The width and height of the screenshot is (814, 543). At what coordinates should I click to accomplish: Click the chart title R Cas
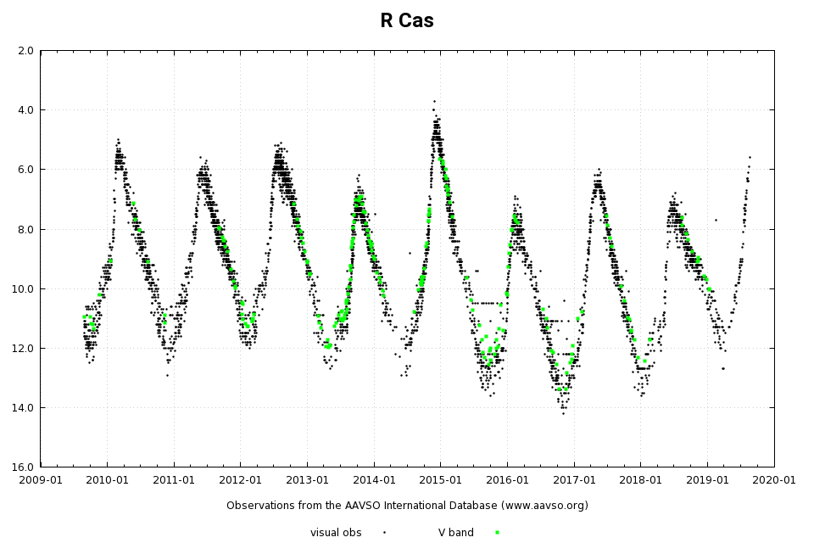pyautogui.click(x=406, y=20)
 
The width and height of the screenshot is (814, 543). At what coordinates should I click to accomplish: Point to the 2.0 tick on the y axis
pyautogui.click(x=25, y=51)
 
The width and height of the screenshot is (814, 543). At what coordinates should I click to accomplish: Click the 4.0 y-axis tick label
pyautogui.click(x=25, y=110)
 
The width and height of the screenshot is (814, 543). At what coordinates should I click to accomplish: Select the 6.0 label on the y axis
pyautogui.click(x=25, y=170)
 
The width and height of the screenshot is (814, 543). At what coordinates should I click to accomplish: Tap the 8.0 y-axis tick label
pyautogui.click(x=25, y=229)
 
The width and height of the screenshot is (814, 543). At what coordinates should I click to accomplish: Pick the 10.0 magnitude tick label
pyautogui.click(x=23, y=289)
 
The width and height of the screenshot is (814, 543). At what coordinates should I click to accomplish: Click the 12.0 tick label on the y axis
pyautogui.click(x=23, y=349)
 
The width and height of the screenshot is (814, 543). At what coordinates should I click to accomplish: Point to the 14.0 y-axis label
pyautogui.click(x=23, y=408)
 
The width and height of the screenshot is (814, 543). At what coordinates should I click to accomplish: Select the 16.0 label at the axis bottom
pyautogui.click(x=23, y=467)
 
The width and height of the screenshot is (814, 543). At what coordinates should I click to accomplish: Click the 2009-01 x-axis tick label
pyautogui.click(x=41, y=479)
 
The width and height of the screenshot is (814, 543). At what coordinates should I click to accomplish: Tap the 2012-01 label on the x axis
pyautogui.click(x=241, y=479)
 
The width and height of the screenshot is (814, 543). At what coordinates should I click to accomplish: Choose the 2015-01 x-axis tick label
pyautogui.click(x=441, y=479)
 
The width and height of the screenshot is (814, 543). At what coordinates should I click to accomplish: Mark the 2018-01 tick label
pyautogui.click(x=641, y=479)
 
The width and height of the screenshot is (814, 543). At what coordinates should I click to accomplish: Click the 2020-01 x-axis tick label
pyautogui.click(x=774, y=479)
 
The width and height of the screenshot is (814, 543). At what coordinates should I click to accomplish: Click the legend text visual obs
pyautogui.click(x=336, y=533)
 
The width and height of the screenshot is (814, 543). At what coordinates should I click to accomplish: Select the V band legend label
pyautogui.click(x=455, y=533)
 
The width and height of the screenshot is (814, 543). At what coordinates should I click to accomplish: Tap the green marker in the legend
pyautogui.click(x=497, y=533)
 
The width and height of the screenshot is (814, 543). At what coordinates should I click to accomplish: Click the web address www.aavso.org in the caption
pyautogui.click(x=542, y=506)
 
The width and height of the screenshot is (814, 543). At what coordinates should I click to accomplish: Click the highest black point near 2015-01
pyautogui.click(x=434, y=101)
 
